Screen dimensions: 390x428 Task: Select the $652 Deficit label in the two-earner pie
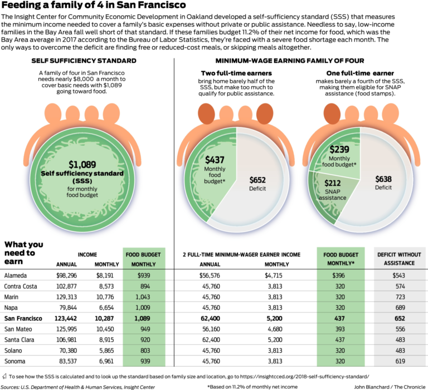[258, 184]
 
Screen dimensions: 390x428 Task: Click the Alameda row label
[17, 275]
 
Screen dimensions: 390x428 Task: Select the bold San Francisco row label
[23, 318]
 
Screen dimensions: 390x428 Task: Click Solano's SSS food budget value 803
[143, 350]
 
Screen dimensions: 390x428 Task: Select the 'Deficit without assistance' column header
[399, 259]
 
